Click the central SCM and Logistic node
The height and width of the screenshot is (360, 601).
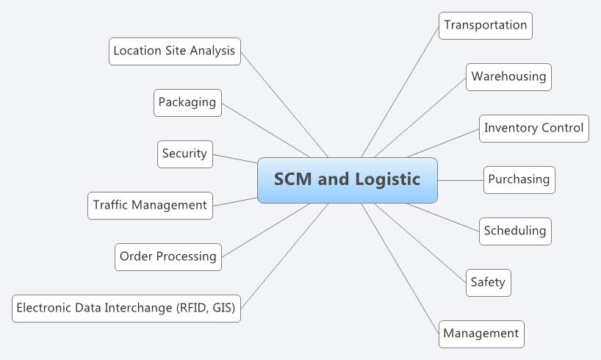(x=347, y=180)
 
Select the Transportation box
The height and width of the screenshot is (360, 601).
(x=485, y=25)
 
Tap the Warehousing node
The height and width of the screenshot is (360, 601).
(x=508, y=76)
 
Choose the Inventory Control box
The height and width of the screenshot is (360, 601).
(x=533, y=128)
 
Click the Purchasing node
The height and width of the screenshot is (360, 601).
(x=519, y=179)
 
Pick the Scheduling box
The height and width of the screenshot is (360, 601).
(x=514, y=231)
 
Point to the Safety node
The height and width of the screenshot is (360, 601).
(x=488, y=282)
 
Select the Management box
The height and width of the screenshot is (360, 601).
(x=481, y=334)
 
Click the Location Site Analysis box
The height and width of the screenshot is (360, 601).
(x=174, y=51)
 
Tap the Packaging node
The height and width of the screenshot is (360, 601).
(x=187, y=102)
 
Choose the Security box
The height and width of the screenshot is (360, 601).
(x=185, y=154)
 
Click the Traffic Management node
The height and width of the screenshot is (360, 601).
(x=150, y=205)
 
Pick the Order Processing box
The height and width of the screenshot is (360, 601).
(x=168, y=256)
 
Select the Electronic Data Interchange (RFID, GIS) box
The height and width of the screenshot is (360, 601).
(x=126, y=308)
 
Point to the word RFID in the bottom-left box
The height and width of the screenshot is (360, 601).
(x=194, y=308)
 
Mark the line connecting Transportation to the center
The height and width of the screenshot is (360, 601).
(x=400, y=91)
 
